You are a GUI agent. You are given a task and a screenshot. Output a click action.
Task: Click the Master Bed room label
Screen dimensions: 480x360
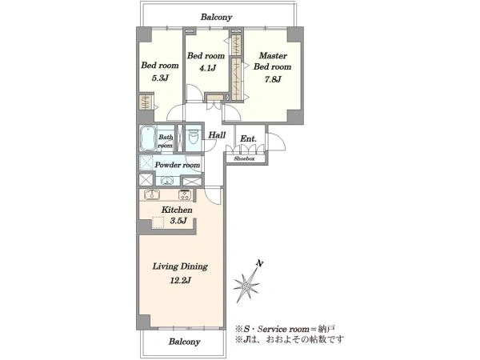(273, 62)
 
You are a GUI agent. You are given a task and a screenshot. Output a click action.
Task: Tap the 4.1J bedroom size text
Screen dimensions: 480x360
(207, 68)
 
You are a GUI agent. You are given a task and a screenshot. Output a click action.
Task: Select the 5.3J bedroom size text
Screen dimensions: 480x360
(160, 78)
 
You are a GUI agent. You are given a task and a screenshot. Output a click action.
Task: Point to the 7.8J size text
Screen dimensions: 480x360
(273, 79)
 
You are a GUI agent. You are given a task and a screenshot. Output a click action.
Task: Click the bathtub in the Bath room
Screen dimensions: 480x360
(147, 138)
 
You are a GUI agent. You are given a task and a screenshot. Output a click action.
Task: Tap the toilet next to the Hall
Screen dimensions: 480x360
(194, 137)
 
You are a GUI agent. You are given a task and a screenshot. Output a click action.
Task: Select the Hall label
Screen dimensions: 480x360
(217, 135)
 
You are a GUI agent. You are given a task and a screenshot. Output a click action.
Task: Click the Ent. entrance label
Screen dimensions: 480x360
(248, 138)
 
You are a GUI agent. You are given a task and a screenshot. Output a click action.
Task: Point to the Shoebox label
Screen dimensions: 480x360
(244, 159)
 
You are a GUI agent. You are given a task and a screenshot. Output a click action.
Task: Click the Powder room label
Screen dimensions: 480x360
(178, 165)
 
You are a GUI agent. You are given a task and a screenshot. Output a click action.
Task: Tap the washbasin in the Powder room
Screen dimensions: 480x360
(167, 181)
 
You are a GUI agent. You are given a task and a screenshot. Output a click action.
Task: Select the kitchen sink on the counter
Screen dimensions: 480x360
(152, 194)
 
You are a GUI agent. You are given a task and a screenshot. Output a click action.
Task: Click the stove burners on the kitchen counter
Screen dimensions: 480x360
(185, 194)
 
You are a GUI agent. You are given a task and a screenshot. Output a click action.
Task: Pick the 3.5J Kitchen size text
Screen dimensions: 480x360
(178, 221)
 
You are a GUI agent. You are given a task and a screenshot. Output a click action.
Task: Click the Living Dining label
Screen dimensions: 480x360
(180, 266)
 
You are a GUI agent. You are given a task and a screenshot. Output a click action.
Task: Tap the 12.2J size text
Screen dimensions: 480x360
(181, 280)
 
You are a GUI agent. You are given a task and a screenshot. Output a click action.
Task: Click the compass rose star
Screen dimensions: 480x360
(246, 286)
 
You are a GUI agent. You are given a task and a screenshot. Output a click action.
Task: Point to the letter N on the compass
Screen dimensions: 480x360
(260, 263)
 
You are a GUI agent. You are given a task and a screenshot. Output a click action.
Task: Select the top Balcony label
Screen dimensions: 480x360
(217, 17)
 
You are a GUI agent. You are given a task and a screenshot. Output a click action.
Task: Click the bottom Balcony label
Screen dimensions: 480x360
(184, 342)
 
